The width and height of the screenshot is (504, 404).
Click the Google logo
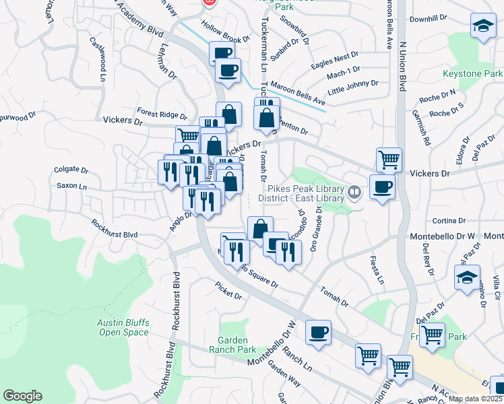tap(22, 396)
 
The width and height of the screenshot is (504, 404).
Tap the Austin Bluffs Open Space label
tap(123, 327)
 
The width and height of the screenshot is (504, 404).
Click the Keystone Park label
tap(472, 73)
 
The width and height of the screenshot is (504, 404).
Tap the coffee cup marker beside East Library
tap(383, 187)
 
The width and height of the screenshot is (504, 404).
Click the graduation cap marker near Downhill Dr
tap(482, 27)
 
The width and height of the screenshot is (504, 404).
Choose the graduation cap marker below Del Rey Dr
tap(467, 277)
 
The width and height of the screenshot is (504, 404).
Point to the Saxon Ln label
tap(71, 186)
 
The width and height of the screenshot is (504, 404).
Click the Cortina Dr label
tap(449, 220)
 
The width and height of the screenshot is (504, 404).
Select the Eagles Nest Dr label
tap(335, 59)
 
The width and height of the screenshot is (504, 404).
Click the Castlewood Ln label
tap(98, 59)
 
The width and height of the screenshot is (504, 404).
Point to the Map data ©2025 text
tap(475, 399)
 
